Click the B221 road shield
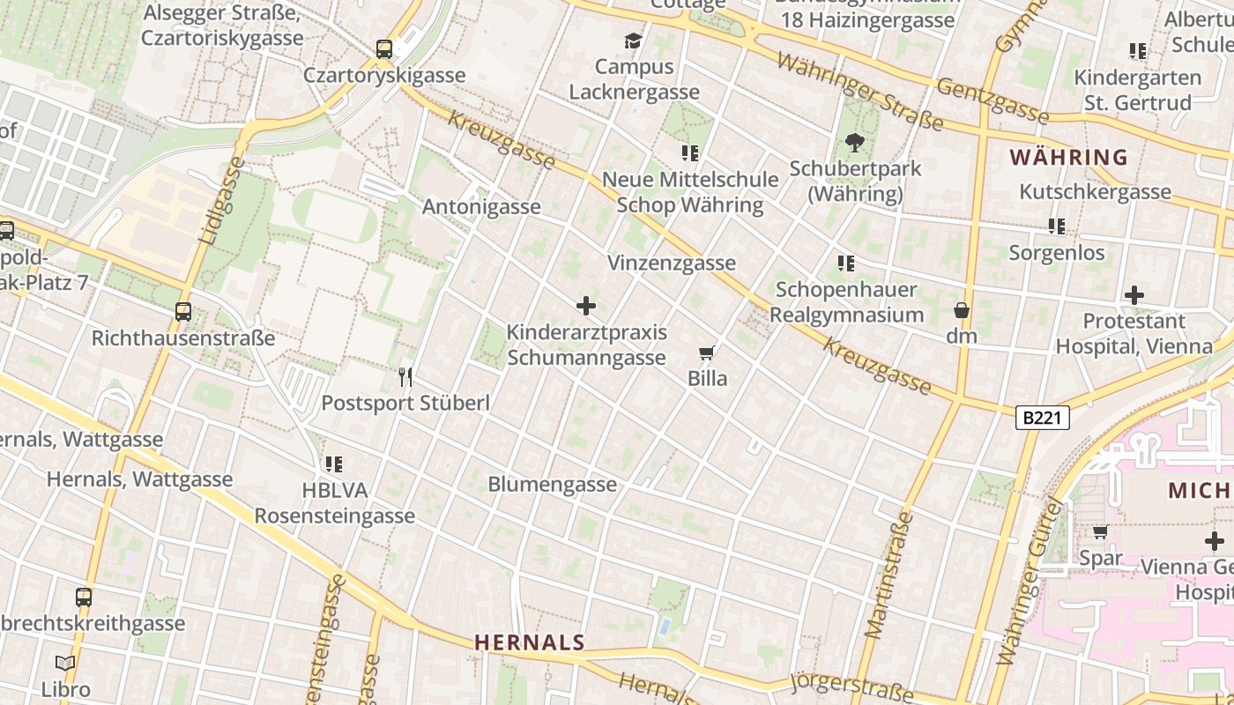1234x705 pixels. coord(1044,418)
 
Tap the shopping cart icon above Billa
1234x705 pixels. coord(706,353)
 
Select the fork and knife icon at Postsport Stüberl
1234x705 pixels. coord(405,377)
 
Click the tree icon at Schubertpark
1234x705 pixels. coord(854,143)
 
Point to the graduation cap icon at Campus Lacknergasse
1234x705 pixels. coord(633,41)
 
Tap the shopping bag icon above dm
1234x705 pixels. coord(962,310)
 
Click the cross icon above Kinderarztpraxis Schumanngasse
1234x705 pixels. coord(586,307)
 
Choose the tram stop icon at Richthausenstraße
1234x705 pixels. coord(183,312)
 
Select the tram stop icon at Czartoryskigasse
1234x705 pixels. coord(384,49)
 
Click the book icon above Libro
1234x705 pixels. coord(65,664)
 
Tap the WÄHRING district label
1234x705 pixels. coord(1068,158)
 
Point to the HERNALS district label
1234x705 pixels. coord(530,642)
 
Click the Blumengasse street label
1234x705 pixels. coord(553,485)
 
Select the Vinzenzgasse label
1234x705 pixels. coord(672,263)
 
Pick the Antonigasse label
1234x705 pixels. coord(481,207)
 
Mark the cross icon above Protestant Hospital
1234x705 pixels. coord(1134,295)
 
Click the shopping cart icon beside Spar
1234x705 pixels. coord(1100,531)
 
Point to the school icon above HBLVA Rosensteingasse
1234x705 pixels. coord(334,464)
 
